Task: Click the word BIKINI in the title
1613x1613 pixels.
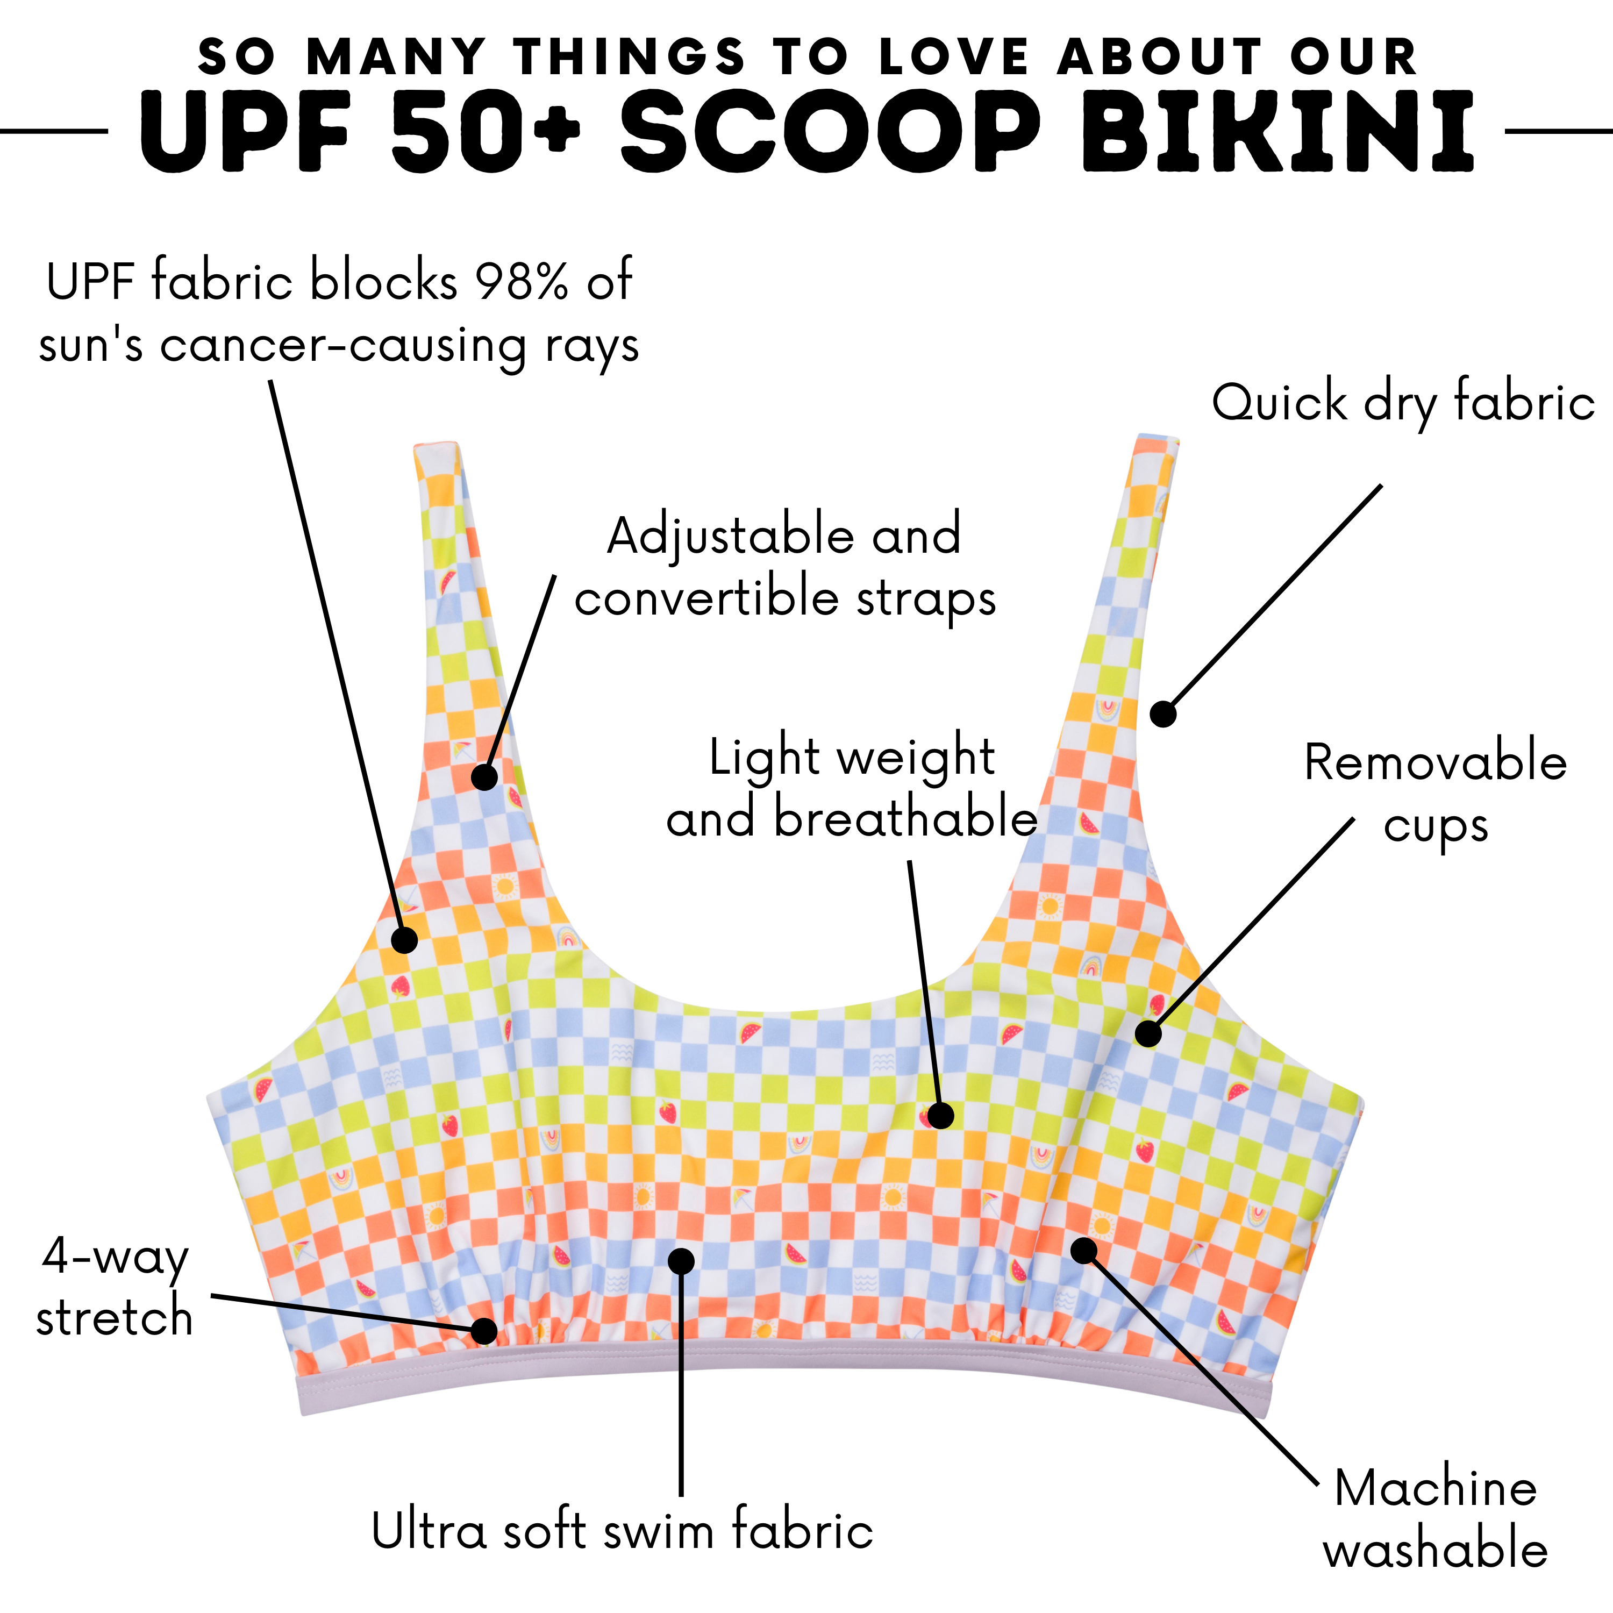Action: (x=1277, y=132)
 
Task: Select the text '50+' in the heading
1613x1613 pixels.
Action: (x=484, y=132)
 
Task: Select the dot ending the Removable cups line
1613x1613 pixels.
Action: (x=1148, y=1033)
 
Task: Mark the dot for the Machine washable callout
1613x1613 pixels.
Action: (x=1084, y=1250)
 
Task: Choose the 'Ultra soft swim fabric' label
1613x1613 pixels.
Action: (x=622, y=1530)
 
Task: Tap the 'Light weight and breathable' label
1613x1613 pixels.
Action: (x=852, y=787)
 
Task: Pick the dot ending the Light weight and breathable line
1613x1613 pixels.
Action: (x=940, y=1116)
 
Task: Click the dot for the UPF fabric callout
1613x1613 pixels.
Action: (x=404, y=939)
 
